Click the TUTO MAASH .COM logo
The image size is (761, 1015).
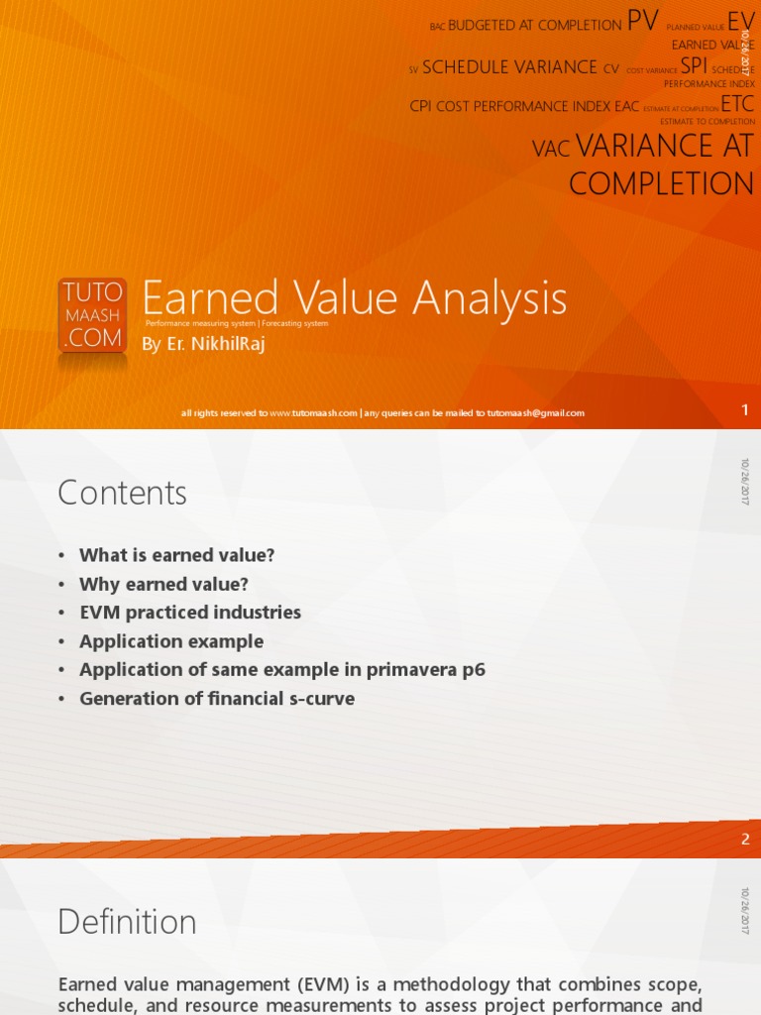pyautogui.click(x=92, y=315)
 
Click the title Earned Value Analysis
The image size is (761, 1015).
pyautogui.click(x=354, y=298)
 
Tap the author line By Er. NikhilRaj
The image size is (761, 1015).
pyautogui.click(x=205, y=344)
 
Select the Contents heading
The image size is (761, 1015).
pyautogui.click(x=122, y=493)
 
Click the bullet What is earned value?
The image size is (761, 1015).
pyautogui.click(x=176, y=555)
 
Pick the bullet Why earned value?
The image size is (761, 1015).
pyautogui.click(x=163, y=584)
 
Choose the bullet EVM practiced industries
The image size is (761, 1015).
pyautogui.click(x=189, y=613)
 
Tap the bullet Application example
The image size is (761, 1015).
pyautogui.click(x=171, y=641)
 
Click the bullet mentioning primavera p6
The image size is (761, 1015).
pyautogui.click(x=282, y=670)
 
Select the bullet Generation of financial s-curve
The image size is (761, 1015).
pyautogui.click(x=216, y=699)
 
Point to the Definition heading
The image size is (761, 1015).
pyautogui.click(x=127, y=922)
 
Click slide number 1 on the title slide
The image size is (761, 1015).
pyautogui.click(x=745, y=410)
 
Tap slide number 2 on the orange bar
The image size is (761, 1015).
pyautogui.click(x=745, y=839)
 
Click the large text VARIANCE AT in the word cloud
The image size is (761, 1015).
pyautogui.click(x=664, y=147)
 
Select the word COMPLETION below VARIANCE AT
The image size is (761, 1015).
pyautogui.click(x=661, y=184)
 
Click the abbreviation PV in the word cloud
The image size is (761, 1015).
pyautogui.click(x=642, y=22)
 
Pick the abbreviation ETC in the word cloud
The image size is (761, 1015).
pyautogui.click(x=737, y=104)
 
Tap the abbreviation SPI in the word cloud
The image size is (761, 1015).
pyautogui.click(x=694, y=65)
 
